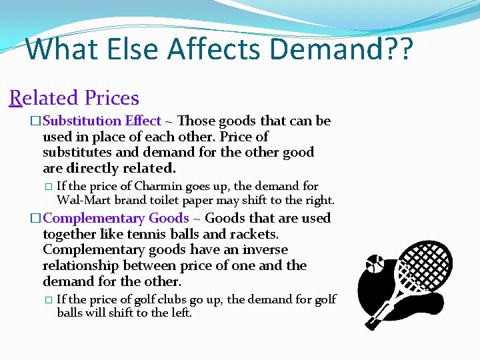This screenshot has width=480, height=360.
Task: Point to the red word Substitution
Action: coord(81,121)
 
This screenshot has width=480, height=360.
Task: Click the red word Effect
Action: coord(142,121)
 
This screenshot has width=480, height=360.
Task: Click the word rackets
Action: coord(254,234)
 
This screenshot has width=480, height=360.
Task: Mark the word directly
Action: coord(93,169)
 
